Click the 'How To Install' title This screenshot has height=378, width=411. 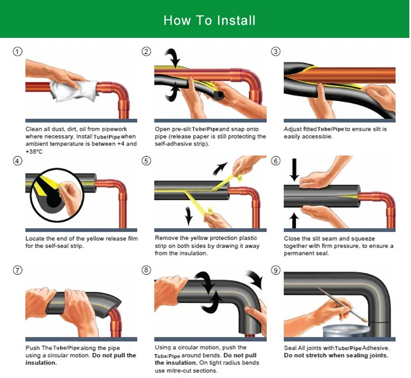[209, 21]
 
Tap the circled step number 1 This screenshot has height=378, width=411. [18, 52]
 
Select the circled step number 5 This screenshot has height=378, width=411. [146, 161]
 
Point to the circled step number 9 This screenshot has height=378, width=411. [276, 270]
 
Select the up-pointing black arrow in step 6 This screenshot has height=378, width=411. [294, 219]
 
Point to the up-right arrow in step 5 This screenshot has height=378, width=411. [220, 166]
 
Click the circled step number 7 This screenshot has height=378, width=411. [18, 270]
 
